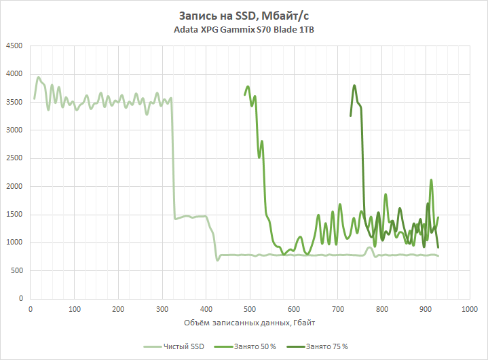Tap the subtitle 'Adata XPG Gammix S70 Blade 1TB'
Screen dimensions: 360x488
pyautogui.click(x=244, y=30)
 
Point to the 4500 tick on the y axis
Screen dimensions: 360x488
pyautogui.click(x=14, y=46)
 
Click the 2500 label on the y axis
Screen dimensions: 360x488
pyautogui.click(x=14, y=158)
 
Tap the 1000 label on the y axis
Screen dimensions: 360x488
pyautogui.click(x=14, y=242)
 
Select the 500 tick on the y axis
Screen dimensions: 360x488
pyautogui.click(x=16, y=271)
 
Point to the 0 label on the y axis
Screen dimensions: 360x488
pyautogui.click(x=20, y=299)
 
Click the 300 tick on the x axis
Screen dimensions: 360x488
pyautogui.click(x=162, y=309)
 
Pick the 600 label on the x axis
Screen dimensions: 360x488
pyautogui.click(x=294, y=309)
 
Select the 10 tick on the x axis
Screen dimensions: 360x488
pyautogui.click(x=31, y=309)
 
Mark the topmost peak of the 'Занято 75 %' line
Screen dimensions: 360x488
pyautogui.click(x=354, y=86)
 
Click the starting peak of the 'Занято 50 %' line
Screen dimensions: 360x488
pyautogui.click(x=248, y=87)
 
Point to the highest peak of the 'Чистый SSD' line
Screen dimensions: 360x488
pyautogui.click(x=39, y=77)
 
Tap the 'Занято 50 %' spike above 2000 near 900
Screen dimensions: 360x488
pyautogui.click(x=431, y=180)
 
